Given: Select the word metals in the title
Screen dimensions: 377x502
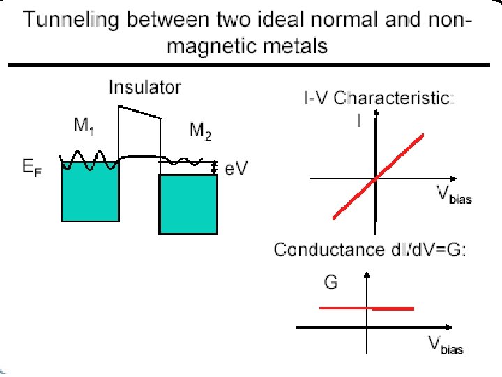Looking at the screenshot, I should [294, 47].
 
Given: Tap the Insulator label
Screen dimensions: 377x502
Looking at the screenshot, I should [144, 88].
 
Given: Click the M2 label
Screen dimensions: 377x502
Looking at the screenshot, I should [201, 131].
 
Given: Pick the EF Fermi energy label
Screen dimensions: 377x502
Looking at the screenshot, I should [31, 169].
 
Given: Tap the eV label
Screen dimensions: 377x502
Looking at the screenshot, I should [234, 169].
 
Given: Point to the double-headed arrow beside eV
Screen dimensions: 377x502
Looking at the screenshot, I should [214, 168].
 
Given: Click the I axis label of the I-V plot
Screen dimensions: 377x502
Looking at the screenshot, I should [358, 121].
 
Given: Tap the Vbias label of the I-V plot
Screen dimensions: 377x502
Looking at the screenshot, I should [453, 197].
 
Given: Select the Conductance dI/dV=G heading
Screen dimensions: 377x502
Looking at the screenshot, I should [370, 250].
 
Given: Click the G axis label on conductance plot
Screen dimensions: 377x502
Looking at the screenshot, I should [331, 283].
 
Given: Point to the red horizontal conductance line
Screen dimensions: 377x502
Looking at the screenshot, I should [366, 308].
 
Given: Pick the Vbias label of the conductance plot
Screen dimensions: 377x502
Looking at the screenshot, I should [445, 345].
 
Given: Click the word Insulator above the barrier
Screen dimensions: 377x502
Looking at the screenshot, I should [144, 88].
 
